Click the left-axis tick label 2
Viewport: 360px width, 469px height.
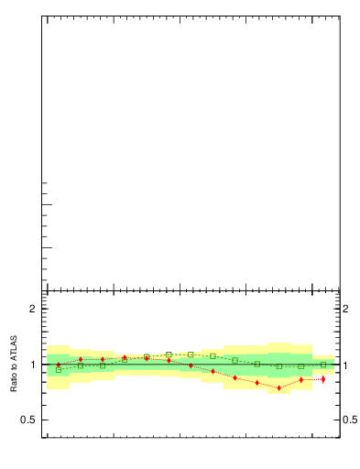(32, 309)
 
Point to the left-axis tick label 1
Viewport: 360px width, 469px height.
(32, 365)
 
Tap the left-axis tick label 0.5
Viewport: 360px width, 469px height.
(29, 420)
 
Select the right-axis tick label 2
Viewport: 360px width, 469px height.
(348, 309)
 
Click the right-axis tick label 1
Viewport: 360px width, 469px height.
(348, 365)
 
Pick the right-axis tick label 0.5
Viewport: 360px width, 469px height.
(351, 420)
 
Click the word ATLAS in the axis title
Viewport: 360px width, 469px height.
(15, 348)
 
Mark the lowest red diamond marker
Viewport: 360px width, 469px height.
(279, 387)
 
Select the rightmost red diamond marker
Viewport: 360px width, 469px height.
(323, 378)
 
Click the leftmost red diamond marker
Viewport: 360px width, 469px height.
(59, 365)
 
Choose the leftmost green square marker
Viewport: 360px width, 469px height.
(59, 370)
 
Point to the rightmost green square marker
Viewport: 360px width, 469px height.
(323, 365)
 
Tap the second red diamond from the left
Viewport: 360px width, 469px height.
(81, 360)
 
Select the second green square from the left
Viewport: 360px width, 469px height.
(81, 365)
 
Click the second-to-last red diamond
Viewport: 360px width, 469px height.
(301, 380)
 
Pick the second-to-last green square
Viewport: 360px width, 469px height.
(301, 366)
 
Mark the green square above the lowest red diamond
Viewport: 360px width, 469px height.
(279, 366)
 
